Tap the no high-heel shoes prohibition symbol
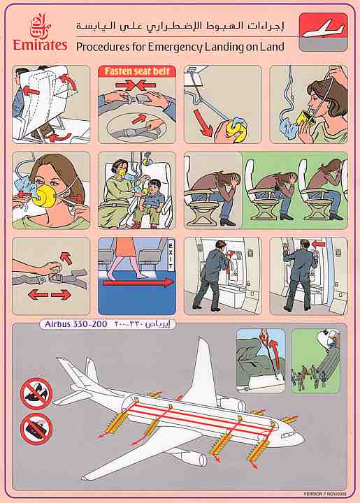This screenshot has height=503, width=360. click(x=36, y=393)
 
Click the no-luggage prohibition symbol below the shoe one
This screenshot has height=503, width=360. click(x=36, y=428)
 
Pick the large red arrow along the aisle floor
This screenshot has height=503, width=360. click(x=137, y=283)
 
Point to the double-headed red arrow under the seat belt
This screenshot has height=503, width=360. click(x=50, y=295)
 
